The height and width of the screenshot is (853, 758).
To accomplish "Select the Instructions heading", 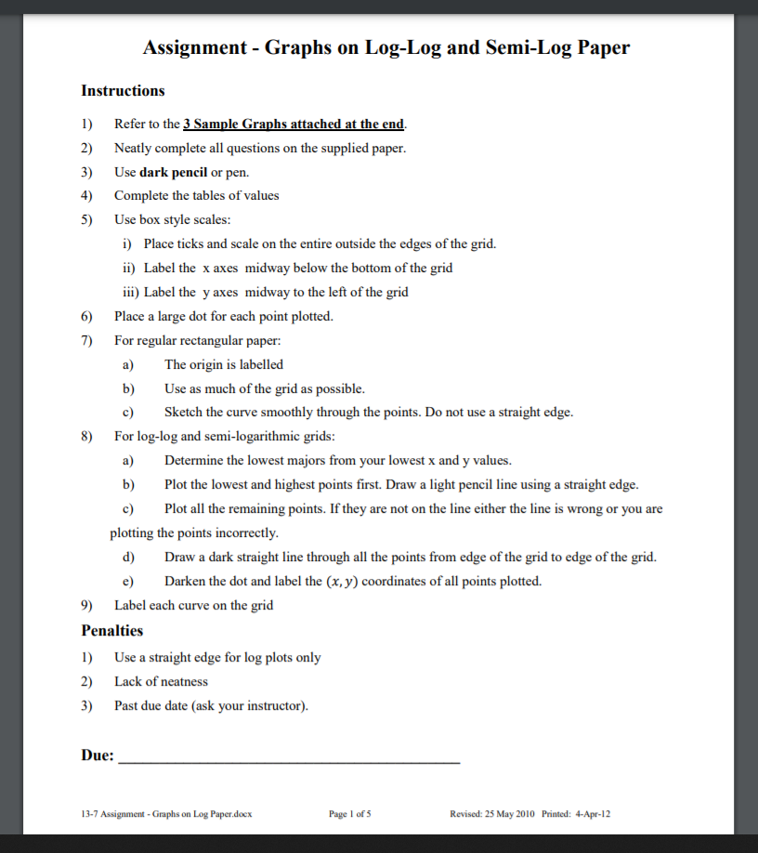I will [123, 91].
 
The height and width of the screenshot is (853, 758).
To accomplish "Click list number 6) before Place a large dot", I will [88, 316].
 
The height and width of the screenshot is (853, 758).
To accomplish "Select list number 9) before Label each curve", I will [88, 606].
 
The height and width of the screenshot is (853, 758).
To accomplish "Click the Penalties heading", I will [112, 631].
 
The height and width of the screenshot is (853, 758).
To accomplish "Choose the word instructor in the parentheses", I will [276, 705].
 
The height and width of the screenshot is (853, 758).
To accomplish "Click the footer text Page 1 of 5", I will [350, 814].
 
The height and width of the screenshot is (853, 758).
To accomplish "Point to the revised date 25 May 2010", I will [509, 814].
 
